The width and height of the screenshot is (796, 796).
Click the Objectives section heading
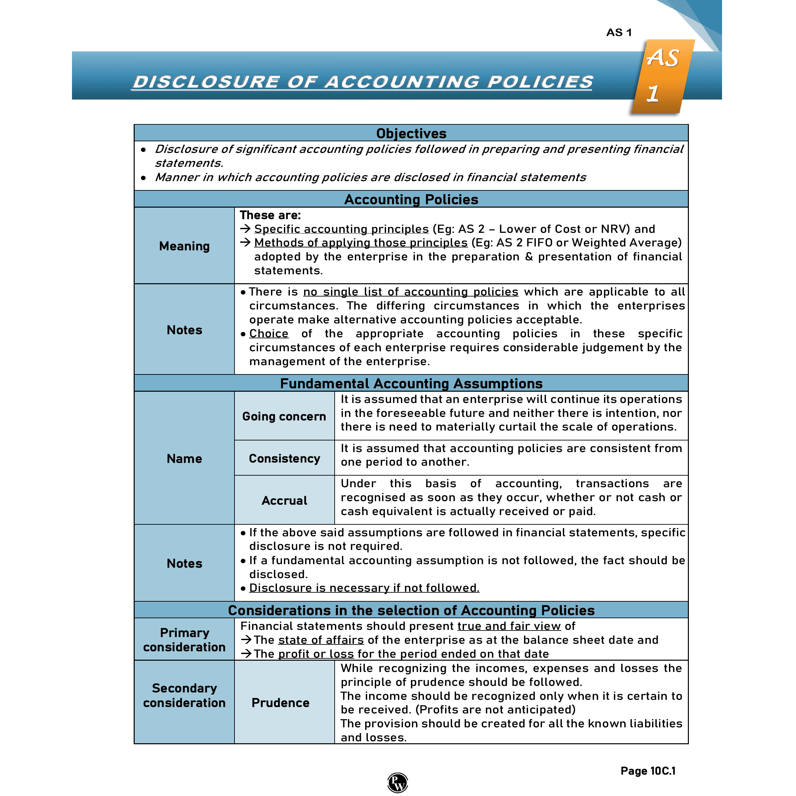click(x=411, y=133)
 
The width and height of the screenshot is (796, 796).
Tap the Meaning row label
click(x=184, y=246)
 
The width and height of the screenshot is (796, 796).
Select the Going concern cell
click(x=284, y=416)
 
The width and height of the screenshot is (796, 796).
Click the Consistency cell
click(x=284, y=458)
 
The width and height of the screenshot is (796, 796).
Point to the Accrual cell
click(x=284, y=500)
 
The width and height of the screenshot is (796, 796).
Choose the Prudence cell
click(x=280, y=702)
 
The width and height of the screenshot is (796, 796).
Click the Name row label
click(x=184, y=458)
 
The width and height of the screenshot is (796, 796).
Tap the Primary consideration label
click(x=184, y=639)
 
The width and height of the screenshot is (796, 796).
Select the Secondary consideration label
click(x=184, y=695)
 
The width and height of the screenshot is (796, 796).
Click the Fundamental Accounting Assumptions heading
click(x=411, y=383)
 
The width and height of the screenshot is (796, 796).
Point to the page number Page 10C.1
click(x=648, y=770)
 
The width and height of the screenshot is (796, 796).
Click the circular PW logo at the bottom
click(x=398, y=782)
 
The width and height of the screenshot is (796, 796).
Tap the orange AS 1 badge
click(x=662, y=76)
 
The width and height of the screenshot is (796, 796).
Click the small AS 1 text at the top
click(x=619, y=33)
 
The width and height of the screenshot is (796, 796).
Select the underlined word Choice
click(x=269, y=333)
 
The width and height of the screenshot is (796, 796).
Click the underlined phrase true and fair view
click(x=509, y=626)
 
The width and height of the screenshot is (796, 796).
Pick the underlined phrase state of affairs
click(x=320, y=640)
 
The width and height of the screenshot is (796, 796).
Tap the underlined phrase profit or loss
click(x=316, y=654)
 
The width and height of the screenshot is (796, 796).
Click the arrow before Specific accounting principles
click(x=245, y=228)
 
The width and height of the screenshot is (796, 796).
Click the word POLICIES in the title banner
click(x=540, y=82)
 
